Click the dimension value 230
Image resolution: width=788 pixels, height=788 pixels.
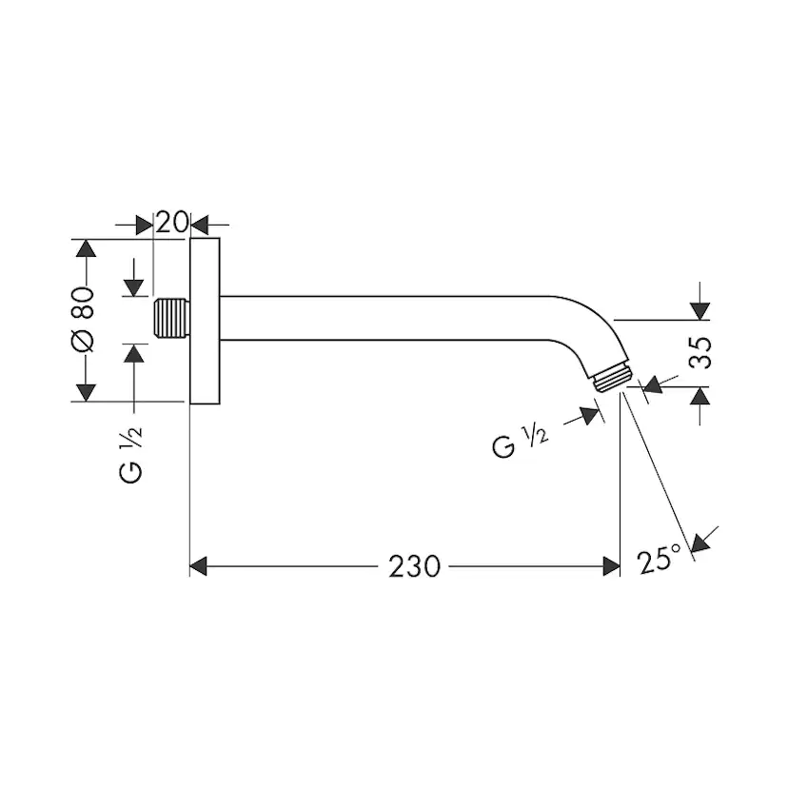click(x=414, y=566)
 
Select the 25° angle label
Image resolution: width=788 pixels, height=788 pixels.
click(x=660, y=559)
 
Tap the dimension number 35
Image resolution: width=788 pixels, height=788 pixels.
click(x=700, y=352)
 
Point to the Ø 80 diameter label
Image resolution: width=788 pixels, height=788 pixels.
click(x=85, y=318)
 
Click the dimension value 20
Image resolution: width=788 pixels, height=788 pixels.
click(x=171, y=224)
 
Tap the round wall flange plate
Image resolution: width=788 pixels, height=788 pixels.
click(x=205, y=320)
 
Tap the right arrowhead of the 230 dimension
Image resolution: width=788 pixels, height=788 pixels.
click(x=612, y=566)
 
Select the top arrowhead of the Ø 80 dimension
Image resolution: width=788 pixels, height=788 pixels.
click(x=86, y=248)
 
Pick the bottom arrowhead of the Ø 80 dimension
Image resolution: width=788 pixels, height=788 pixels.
click(x=86, y=391)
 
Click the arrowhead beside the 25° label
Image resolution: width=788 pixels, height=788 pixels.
click(x=701, y=542)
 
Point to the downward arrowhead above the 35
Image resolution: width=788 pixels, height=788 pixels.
click(x=699, y=310)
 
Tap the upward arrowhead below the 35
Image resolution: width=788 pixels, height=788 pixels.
click(x=699, y=396)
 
